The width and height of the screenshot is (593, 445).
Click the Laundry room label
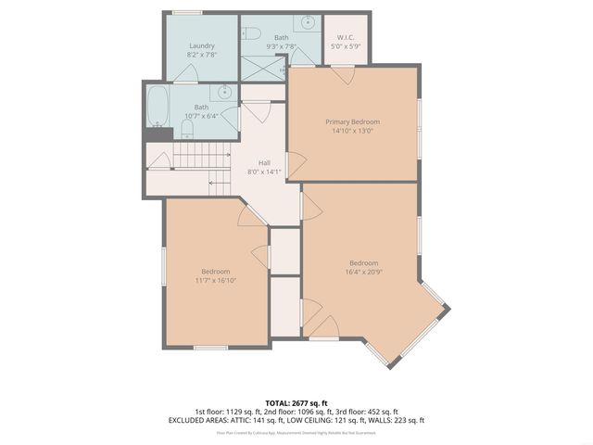pyautogui.click(x=202, y=45)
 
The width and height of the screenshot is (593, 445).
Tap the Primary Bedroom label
pyautogui.click(x=352, y=121)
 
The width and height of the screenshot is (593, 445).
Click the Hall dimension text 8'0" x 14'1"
pyautogui.click(x=264, y=172)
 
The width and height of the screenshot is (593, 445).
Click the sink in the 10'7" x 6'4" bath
pyautogui.click(x=224, y=91)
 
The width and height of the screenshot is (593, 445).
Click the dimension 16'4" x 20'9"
pyautogui.click(x=363, y=271)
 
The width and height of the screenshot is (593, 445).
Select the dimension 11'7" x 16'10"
pyautogui.click(x=215, y=279)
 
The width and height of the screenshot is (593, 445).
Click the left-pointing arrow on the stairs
pyautogui.click(x=215, y=182)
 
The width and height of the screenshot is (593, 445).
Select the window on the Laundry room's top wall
pyautogui.click(x=187, y=12)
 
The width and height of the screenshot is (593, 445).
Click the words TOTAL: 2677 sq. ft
pyautogui.click(x=296, y=402)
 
